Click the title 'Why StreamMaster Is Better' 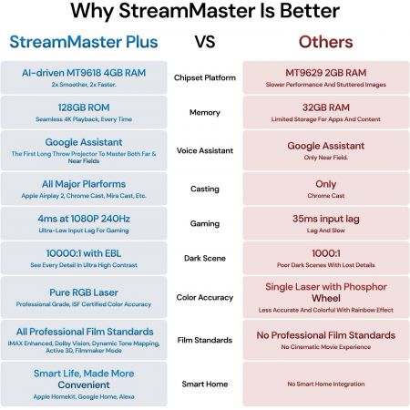click(x=205, y=13)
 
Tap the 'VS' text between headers click(x=206, y=42)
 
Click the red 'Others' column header click(x=325, y=42)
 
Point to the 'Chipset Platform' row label click(x=206, y=77)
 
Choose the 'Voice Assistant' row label click(x=206, y=150)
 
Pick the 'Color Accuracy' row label click(x=206, y=296)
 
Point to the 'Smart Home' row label click(x=206, y=384)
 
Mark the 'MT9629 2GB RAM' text click(x=325, y=72)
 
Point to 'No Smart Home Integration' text click(x=325, y=384)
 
